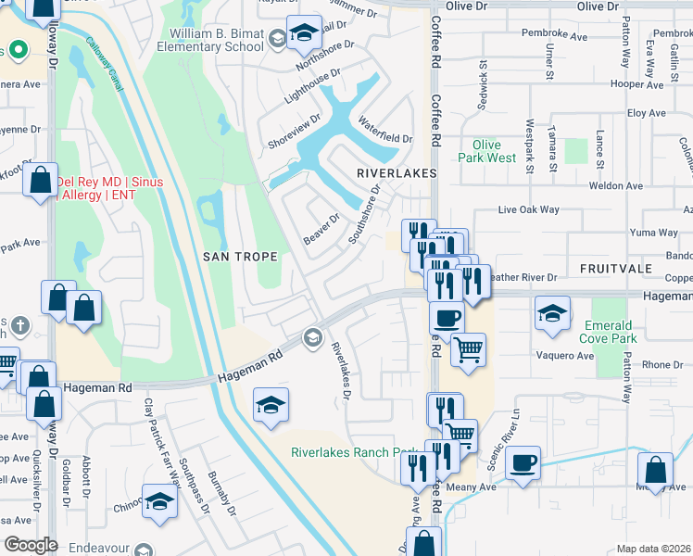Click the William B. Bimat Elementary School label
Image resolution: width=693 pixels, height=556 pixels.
point(215,40)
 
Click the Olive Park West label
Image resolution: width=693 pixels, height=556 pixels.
point(486,151)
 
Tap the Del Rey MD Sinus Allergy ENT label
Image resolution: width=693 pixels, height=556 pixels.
point(109,189)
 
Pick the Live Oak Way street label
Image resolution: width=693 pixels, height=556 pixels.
point(529,210)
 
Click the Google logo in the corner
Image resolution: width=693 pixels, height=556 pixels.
point(31,545)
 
